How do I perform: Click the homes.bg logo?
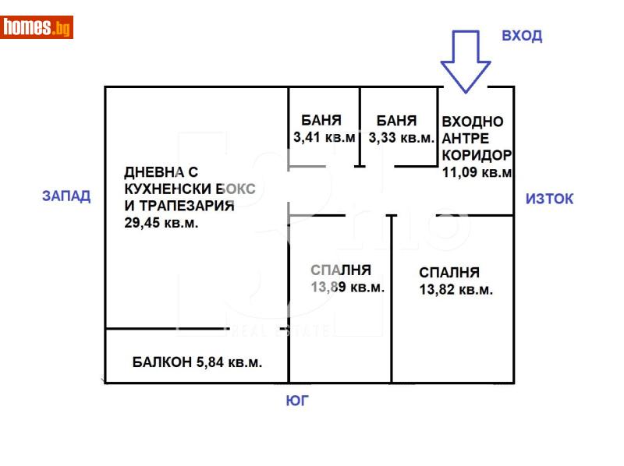tap(37, 27)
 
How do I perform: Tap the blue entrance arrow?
tap(466, 62)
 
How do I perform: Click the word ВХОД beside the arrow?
tap(522, 36)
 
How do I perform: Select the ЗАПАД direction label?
tap(66, 196)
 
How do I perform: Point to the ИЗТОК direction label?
tap(549, 199)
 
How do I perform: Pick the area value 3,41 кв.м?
tap(324, 138)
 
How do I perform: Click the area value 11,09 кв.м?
tap(477, 172)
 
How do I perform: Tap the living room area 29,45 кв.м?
tap(161, 223)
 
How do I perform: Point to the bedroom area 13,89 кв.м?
tap(347, 288)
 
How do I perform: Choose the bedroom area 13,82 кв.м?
tap(456, 290)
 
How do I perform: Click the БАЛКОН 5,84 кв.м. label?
tap(197, 362)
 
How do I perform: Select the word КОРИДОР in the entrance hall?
tap(477, 155)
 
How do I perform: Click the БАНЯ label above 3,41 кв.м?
tap(321, 121)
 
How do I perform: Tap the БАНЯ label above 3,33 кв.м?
tap(396, 121)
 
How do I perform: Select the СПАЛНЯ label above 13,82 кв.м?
tap(448, 273)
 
